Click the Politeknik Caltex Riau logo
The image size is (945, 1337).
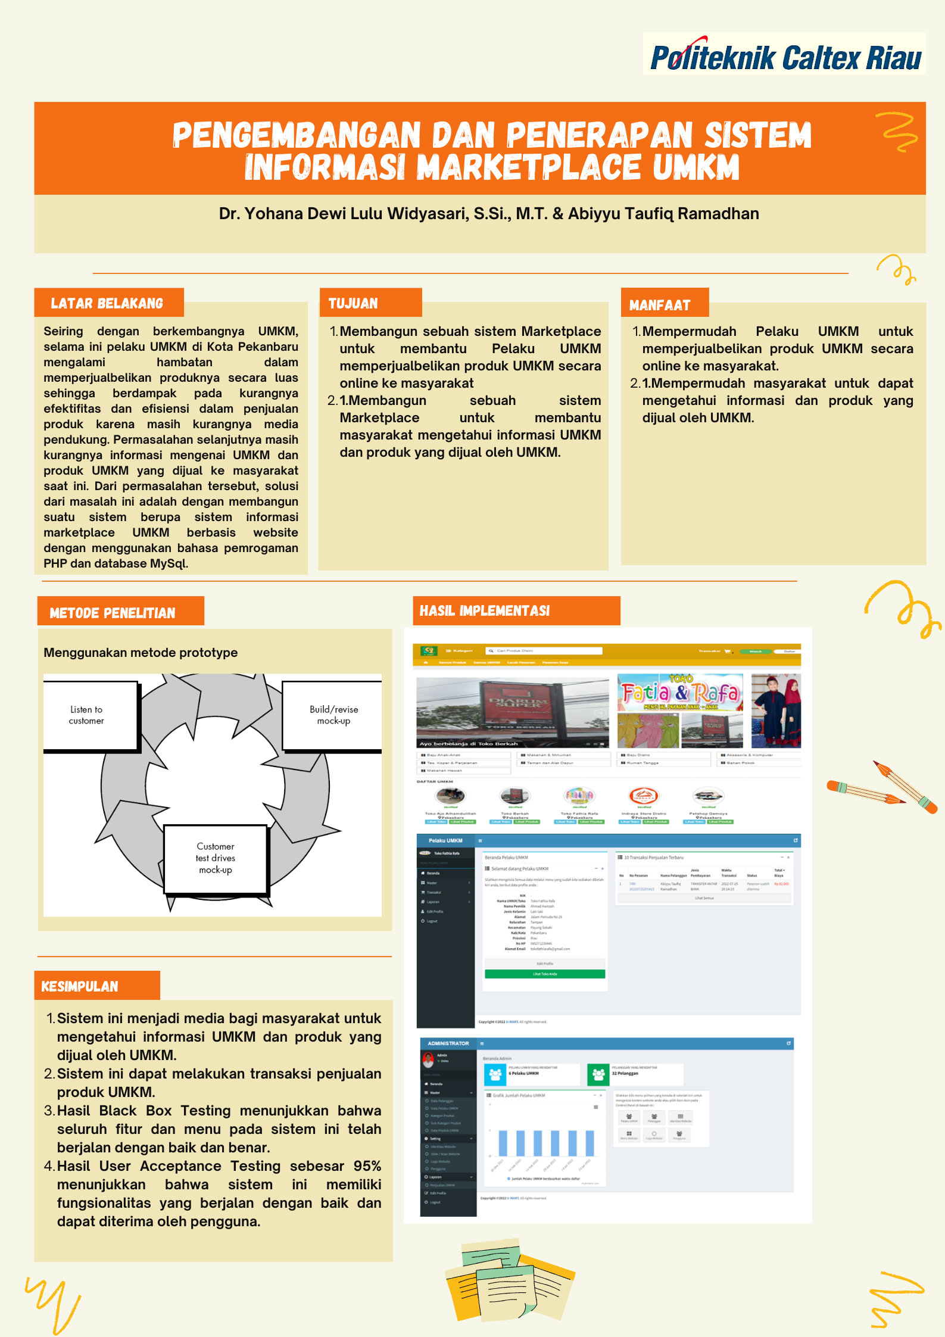tap(785, 57)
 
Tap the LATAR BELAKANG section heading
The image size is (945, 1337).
tap(107, 304)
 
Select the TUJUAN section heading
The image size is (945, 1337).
tap(354, 304)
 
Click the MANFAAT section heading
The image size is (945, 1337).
tap(660, 306)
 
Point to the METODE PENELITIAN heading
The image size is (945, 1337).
tap(113, 613)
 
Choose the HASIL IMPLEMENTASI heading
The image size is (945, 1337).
tap(485, 611)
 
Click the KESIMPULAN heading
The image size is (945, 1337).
tap(80, 987)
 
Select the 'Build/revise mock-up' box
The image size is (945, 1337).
tap(333, 715)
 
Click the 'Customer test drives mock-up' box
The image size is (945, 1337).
tap(216, 858)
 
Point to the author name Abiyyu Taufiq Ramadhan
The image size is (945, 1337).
tap(663, 214)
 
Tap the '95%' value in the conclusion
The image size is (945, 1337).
tap(367, 1166)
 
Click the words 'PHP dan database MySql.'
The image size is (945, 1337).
tap(116, 563)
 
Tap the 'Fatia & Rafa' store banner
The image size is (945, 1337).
tap(679, 693)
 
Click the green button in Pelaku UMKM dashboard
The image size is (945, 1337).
tap(544, 974)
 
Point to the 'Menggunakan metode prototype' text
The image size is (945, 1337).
tap(141, 653)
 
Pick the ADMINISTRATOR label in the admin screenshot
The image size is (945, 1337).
tap(448, 1043)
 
